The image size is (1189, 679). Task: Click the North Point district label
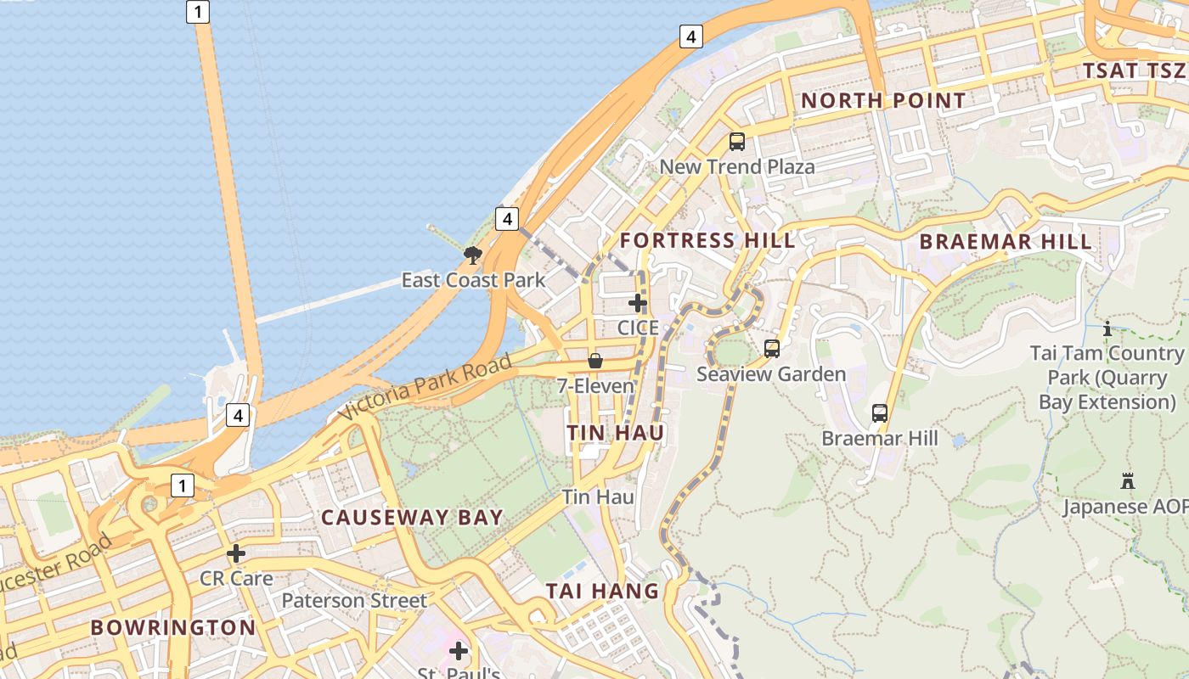883,100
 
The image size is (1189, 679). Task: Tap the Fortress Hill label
707,240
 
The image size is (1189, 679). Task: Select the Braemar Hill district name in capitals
1006,241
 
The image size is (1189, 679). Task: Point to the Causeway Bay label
412,518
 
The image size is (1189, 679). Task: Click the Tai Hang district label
602,591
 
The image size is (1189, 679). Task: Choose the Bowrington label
172,628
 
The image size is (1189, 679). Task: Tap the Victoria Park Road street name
426,387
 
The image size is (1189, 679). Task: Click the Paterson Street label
354,601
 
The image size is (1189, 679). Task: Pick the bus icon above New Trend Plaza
737,142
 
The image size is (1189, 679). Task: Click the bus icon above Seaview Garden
772,348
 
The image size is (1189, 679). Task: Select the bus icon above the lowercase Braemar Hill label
880,413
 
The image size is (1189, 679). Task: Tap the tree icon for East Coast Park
473,255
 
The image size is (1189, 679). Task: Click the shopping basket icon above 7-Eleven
595,361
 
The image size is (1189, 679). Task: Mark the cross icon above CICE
638,302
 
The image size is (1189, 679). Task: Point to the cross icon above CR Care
236,553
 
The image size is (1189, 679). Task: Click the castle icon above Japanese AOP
1128,481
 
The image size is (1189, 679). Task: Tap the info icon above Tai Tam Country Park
1107,328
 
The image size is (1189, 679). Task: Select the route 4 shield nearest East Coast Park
507,219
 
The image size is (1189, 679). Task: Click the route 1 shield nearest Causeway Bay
182,485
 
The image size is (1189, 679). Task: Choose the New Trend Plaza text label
737,166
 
